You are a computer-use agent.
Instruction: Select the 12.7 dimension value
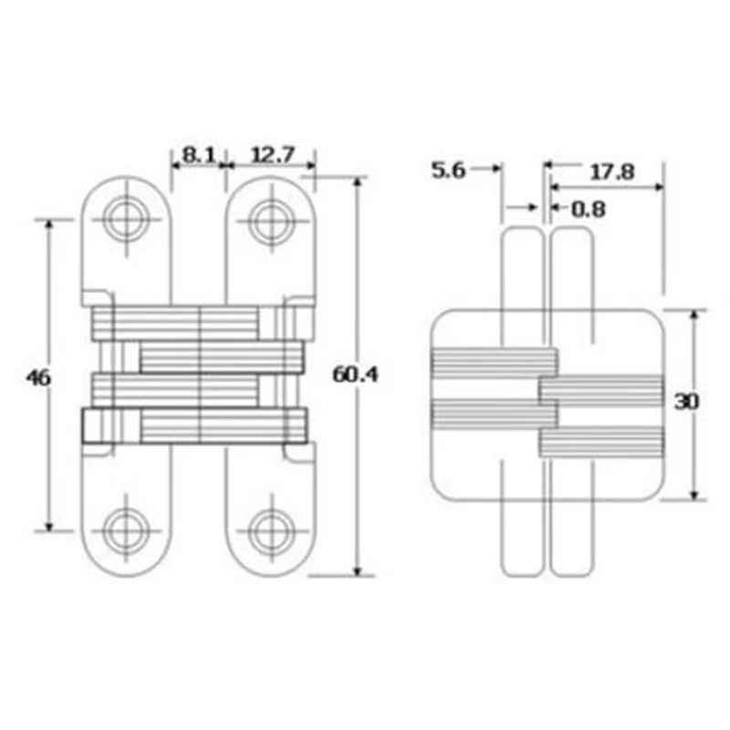[273, 154]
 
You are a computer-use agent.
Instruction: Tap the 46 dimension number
[38, 378]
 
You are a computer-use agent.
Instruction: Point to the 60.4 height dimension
[355, 375]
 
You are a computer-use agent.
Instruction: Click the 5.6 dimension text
[448, 170]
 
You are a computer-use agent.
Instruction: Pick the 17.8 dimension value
[612, 172]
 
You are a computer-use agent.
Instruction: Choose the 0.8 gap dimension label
[589, 210]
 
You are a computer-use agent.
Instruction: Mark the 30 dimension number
[687, 401]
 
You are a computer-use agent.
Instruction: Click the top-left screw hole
[126, 219]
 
